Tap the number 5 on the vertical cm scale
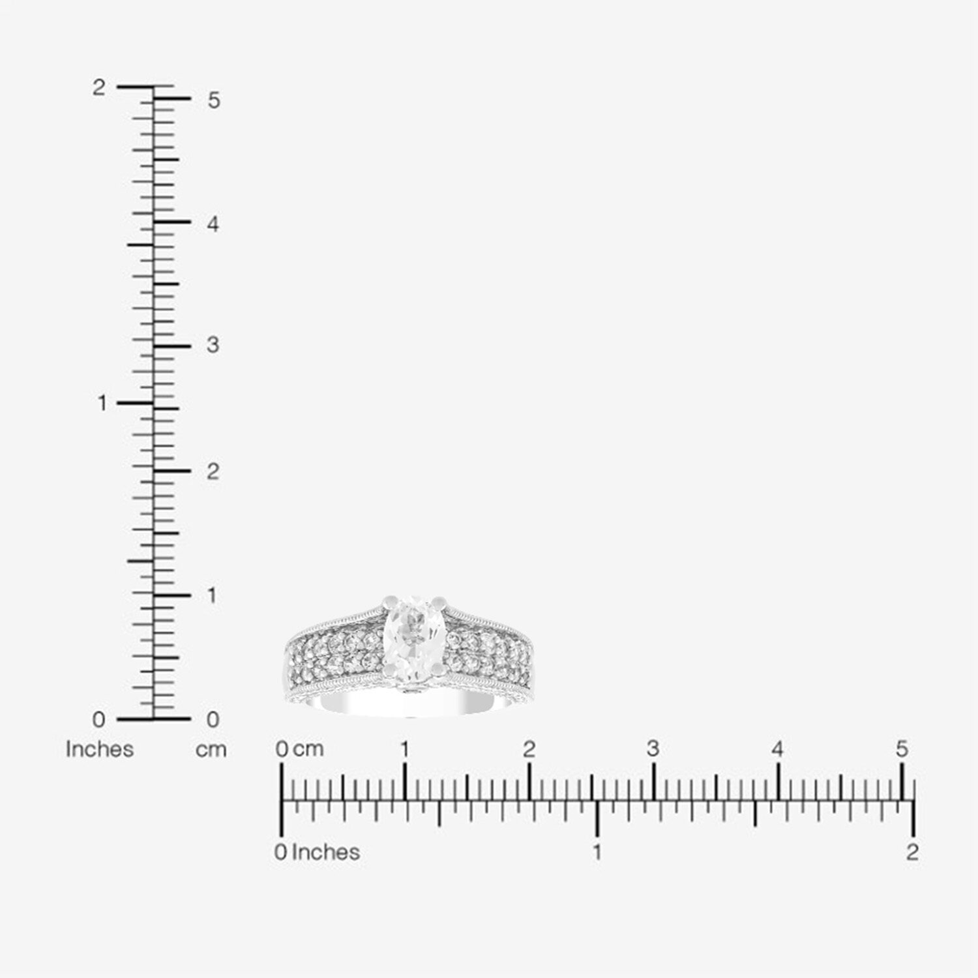(214, 100)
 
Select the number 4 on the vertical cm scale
(213, 224)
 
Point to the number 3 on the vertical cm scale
(213, 345)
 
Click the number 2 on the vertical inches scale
(98, 87)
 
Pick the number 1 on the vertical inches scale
(102, 404)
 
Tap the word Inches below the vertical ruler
(99, 749)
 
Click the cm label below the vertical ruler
(211, 750)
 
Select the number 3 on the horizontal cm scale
(653, 748)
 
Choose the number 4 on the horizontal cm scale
(777, 748)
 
